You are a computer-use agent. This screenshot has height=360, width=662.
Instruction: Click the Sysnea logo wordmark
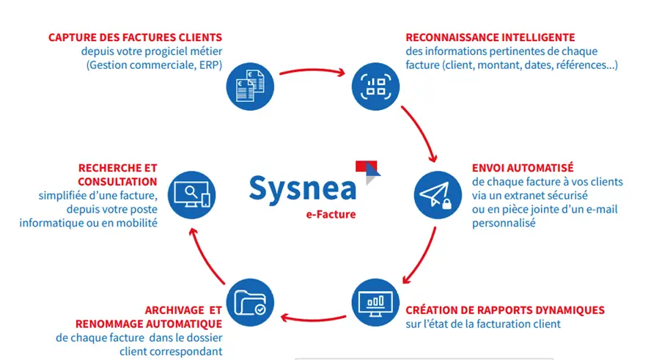[x=302, y=187]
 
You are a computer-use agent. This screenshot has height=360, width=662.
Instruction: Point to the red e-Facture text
[x=331, y=214]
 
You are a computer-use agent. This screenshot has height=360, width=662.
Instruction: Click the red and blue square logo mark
[x=367, y=168]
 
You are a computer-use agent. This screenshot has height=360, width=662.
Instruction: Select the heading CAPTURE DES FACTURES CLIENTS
[x=135, y=37]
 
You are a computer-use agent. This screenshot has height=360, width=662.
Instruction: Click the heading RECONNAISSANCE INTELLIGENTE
[x=490, y=37]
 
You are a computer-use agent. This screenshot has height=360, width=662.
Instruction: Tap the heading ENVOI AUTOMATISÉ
[x=523, y=168]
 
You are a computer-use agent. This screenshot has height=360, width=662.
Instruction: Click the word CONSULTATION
[x=117, y=181]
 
